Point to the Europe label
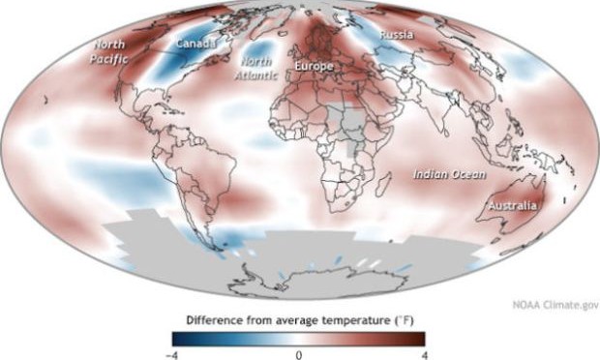point(314,67)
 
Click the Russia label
point(397,35)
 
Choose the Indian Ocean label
point(443,174)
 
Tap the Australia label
point(512,205)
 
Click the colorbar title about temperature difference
point(299,318)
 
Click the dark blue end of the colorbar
point(180,338)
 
